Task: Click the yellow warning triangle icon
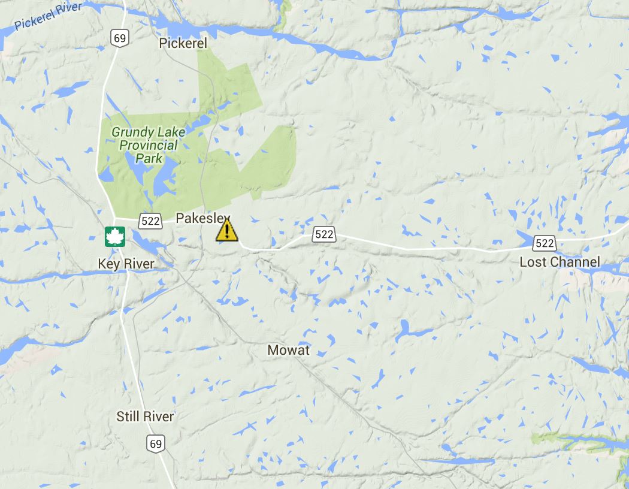[x=226, y=231]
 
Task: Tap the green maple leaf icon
[x=114, y=236]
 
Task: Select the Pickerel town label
[x=183, y=43]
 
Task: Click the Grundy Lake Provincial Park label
[x=148, y=144]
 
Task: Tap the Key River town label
[x=126, y=264]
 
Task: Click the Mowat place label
[x=288, y=350]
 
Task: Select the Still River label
[x=145, y=416]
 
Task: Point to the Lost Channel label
[x=559, y=262]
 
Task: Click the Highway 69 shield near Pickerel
[x=120, y=38]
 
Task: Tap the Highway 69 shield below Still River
[x=156, y=444]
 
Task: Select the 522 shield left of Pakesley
[x=150, y=221]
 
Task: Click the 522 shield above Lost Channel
[x=545, y=243]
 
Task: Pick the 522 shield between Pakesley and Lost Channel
[x=323, y=234]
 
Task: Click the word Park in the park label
[x=149, y=158]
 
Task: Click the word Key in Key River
[x=108, y=264]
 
